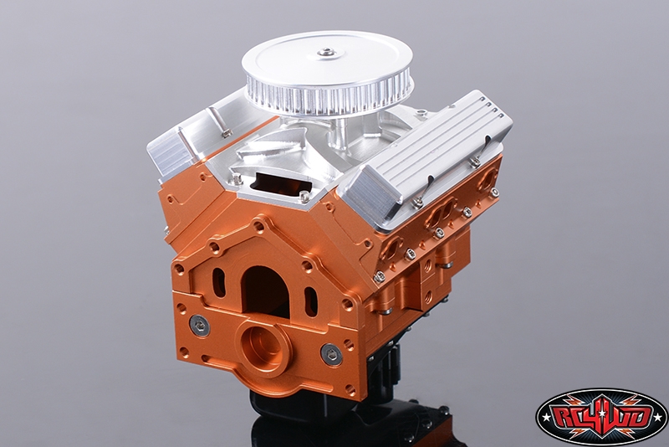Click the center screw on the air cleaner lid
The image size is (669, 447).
click(x=325, y=53)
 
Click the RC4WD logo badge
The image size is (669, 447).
click(x=601, y=414)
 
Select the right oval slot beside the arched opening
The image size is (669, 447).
click(x=311, y=302)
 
